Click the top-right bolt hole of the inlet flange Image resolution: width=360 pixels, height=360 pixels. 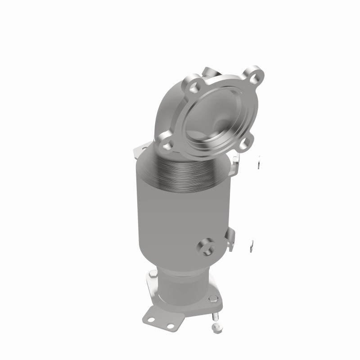tap(253, 75)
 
